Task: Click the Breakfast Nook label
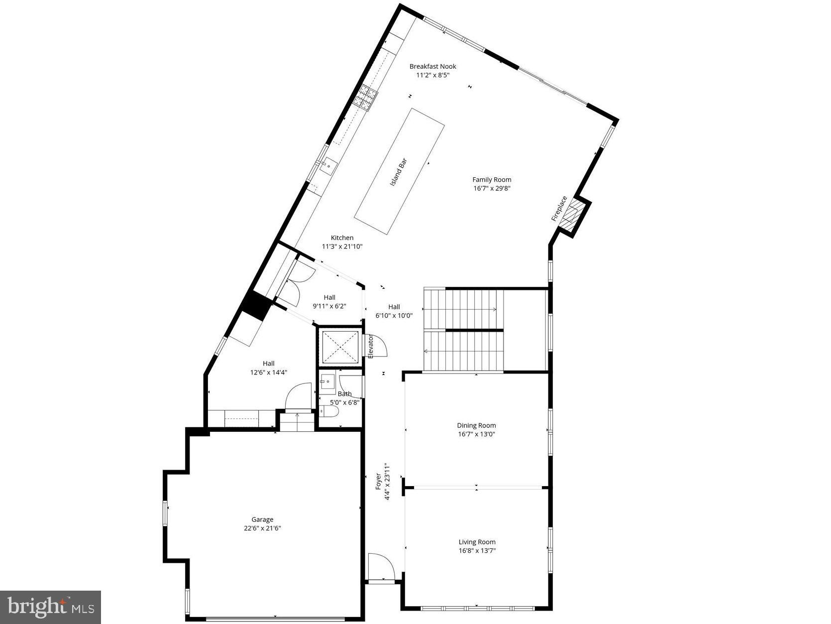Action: [432, 66]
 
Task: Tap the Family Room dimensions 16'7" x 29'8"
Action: [492, 188]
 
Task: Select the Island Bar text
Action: [399, 172]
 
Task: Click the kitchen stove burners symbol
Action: [366, 97]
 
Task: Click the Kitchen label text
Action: [342, 238]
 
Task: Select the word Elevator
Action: [371, 346]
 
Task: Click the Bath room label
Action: [344, 394]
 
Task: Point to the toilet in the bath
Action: [329, 411]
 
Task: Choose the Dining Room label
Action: [476, 425]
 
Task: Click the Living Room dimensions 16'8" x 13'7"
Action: [477, 551]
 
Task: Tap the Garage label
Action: [262, 519]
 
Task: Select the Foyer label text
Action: [378, 482]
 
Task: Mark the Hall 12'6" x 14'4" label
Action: [269, 368]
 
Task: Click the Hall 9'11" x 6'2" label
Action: [329, 302]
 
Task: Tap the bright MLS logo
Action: [51, 607]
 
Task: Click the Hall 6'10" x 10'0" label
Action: [394, 311]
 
